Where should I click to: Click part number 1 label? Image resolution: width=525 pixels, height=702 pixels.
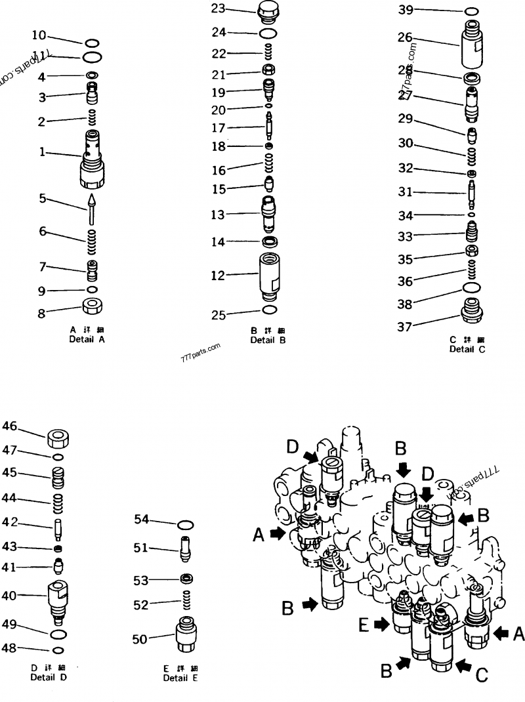[x=42, y=152]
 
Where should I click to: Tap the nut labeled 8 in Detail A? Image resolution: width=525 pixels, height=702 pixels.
[x=92, y=305]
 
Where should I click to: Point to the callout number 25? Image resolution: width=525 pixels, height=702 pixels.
[x=218, y=314]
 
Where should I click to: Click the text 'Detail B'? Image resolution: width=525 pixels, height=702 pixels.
[x=268, y=340]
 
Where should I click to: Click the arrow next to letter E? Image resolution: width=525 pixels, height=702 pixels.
[x=381, y=625]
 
